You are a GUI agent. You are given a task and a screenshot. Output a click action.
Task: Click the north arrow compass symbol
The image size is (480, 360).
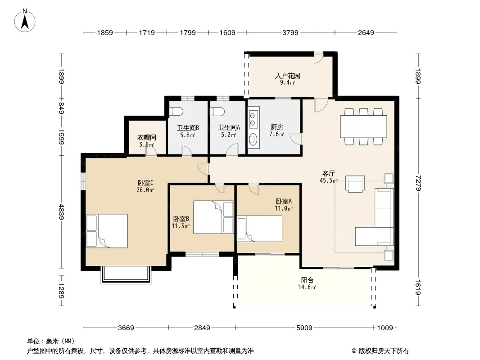pos(25,21)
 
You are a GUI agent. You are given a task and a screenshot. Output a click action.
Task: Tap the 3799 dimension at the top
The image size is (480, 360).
pos(290,32)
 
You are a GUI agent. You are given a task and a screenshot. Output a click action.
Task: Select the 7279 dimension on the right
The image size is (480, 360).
pos(418,183)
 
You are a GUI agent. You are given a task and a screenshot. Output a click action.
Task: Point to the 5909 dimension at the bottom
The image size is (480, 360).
pos(304,328)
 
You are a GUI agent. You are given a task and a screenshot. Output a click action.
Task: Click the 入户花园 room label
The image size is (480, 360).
pos(287,76)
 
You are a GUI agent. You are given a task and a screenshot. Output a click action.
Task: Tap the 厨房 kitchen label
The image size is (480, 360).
pos(277,127)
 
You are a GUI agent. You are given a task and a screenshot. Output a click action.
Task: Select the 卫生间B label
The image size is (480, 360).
pos(188,127)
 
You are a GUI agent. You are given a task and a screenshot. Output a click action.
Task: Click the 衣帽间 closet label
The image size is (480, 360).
pos(146,138)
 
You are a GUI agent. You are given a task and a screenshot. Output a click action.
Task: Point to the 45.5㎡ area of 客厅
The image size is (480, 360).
pos(328,180)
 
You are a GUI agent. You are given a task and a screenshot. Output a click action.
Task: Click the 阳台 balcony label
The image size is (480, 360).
pos(307,280)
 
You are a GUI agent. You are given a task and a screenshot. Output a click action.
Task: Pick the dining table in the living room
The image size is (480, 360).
pos(363,126)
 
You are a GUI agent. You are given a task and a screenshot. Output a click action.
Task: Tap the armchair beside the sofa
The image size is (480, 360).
pos(355,184)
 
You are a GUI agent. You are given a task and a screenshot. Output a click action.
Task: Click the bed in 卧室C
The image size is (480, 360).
pos(107,230)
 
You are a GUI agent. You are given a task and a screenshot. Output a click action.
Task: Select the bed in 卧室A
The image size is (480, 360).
pos(260,229)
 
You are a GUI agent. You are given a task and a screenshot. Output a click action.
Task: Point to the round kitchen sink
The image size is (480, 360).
pos(253,140)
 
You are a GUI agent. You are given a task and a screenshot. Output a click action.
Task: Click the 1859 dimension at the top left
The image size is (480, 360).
pos(105,32)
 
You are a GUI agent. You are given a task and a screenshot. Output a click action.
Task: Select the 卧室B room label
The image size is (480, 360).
pos(181,219)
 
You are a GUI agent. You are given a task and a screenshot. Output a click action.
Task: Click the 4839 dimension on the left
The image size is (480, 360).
pos(61,211)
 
